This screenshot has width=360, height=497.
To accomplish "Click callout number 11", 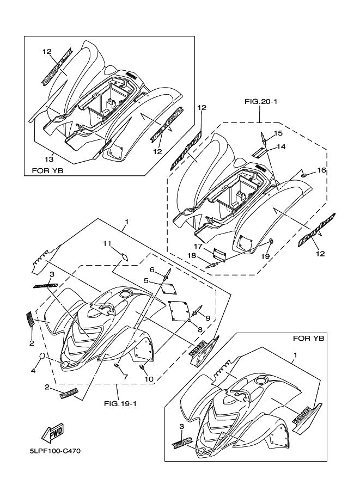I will (107, 242).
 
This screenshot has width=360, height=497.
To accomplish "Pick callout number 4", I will (32, 371).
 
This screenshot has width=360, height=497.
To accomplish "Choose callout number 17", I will (200, 246).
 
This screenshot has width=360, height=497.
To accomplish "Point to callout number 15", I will (278, 133).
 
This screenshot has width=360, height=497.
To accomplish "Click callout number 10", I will (147, 379).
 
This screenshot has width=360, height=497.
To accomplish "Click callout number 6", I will (153, 270).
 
